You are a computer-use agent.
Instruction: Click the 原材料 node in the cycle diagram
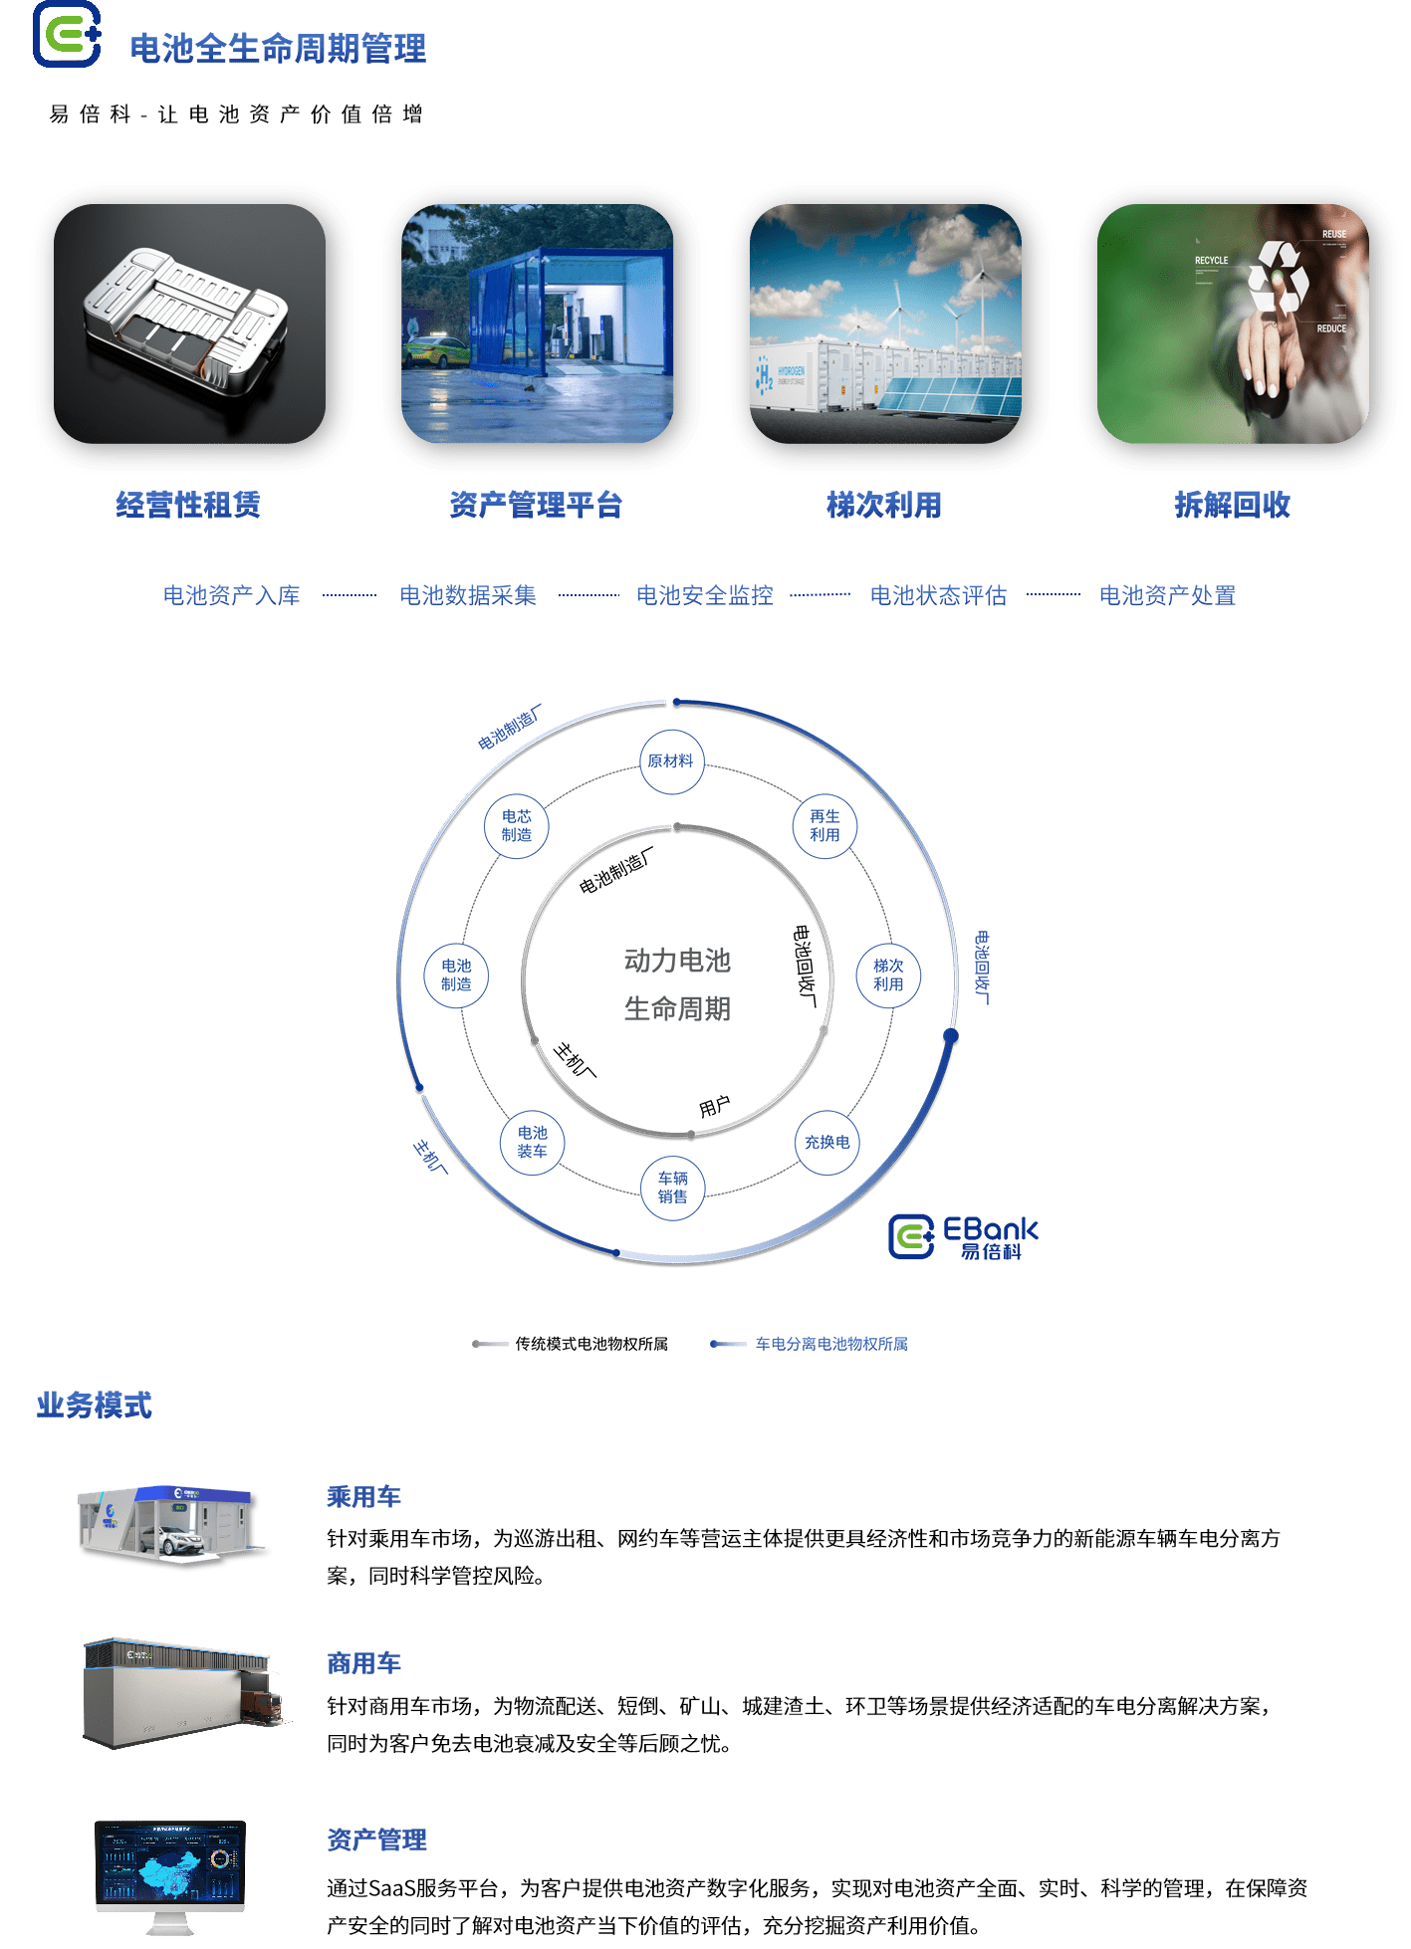(x=671, y=761)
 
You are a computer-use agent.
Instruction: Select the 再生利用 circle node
(x=824, y=826)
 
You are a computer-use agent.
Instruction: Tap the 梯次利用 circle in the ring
(x=888, y=975)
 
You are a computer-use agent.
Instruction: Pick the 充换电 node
(x=826, y=1143)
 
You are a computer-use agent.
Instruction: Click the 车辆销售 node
(x=672, y=1188)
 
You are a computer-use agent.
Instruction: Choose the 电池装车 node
(x=532, y=1143)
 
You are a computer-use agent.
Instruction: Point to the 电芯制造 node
(x=516, y=826)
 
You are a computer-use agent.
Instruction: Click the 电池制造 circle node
(x=456, y=975)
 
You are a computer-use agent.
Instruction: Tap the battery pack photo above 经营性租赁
(x=189, y=324)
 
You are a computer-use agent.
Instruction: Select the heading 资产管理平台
(x=536, y=505)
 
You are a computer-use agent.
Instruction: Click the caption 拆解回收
(x=1232, y=505)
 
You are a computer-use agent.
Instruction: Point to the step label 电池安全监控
(x=704, y=595)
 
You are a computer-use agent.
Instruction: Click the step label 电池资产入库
(x=231, y=595)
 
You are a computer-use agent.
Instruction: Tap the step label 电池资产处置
(x=1167, y=595)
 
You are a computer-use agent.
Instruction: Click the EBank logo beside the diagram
(x=962, y=1236)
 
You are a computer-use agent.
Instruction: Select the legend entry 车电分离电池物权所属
(x=830, y=1344)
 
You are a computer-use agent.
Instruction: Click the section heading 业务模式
(x=94, y=1405)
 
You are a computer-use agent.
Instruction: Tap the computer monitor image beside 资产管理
(x=170, y=1870)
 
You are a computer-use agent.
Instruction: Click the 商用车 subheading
(x=363, y=1663)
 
